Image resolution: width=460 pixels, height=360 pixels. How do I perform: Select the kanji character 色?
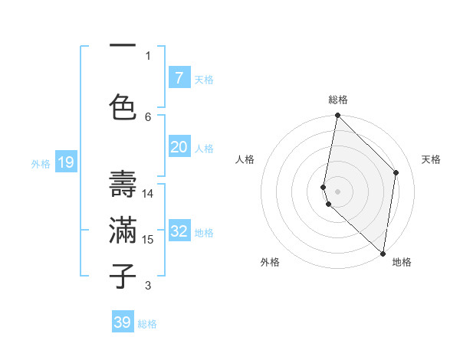pos(123,106)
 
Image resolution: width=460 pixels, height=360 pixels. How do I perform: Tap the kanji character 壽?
pos(123,184)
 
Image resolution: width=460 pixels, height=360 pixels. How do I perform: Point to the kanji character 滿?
pos(123,230)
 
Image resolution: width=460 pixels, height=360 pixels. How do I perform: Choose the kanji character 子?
pos(123,276)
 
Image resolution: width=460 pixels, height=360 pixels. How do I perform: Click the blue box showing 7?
pos(179,78)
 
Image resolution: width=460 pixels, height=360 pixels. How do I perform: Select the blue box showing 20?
pos(179,147)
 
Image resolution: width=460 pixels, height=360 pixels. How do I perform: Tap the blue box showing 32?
pos(179,231)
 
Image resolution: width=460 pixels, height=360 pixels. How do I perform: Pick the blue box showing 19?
pos(66,162)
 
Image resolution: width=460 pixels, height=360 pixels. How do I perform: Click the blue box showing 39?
pos(123,322)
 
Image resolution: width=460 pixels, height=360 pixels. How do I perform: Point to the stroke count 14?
pos(149,194)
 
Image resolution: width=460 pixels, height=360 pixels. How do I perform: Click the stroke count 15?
pos(149,240)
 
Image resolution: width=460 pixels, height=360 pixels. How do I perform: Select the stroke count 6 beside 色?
pos(149,116)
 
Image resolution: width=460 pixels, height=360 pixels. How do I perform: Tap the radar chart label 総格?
pos(338,100)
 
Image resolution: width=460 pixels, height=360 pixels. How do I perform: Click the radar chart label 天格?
pos(431,159)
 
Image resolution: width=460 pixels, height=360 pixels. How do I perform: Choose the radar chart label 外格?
pos(270,262)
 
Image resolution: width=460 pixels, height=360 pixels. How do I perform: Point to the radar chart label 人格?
pos(245,159)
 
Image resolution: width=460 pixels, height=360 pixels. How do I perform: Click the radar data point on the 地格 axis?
pos(383,254)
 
